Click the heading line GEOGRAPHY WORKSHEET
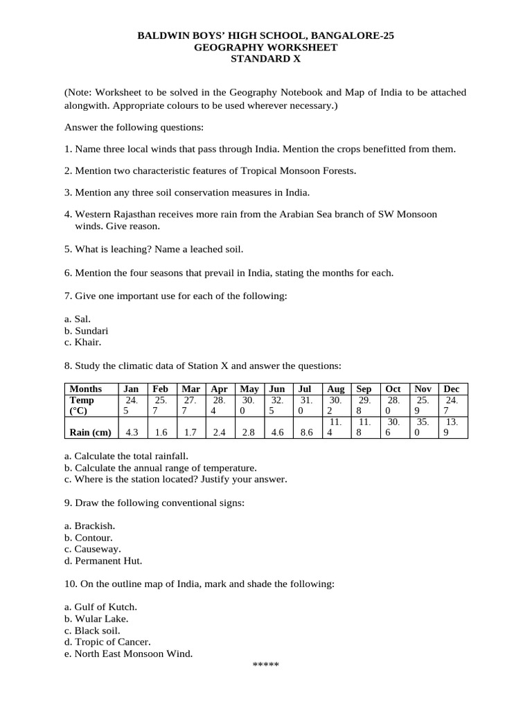click(x=266, y=47)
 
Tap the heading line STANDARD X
click(x=266, y=59)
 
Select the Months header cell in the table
click(x=86, y=389)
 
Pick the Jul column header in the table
click(x=305, y=389)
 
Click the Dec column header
click(x=452, y=389)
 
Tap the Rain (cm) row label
click(x=91, y=433)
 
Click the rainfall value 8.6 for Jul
click(x=305, y=433)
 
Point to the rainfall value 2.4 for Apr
click(x=219, y=433)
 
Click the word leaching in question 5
click(x=134, y=249)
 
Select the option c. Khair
click(x=82, y=342)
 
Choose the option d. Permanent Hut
click(x=103, y=561)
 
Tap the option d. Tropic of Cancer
click(x=107, y=642)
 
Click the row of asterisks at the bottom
click(x=265, y=665)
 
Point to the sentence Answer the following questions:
click(x=134, y=127)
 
